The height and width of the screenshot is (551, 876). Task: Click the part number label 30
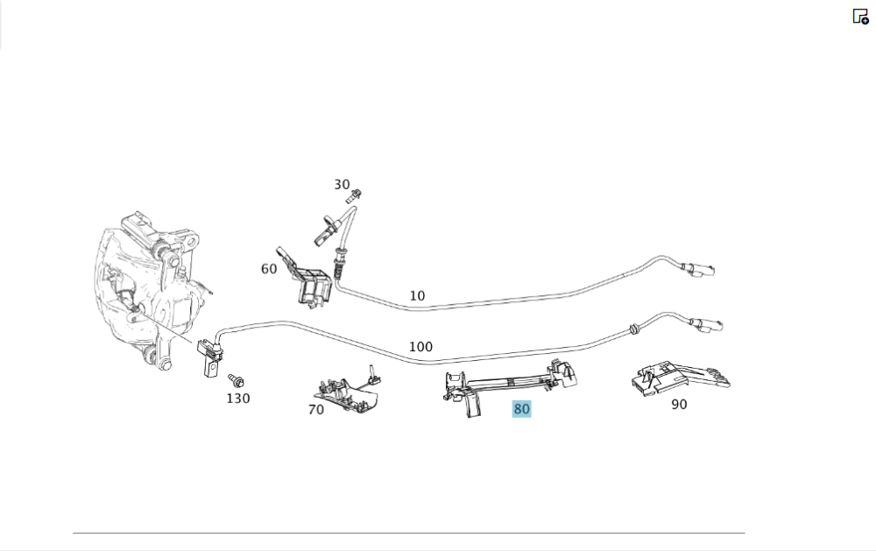click(342, 185)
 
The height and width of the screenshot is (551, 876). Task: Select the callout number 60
click(269, 269)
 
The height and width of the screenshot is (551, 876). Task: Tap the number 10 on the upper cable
click(417, 296)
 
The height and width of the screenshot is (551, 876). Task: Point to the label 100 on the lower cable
click(420, 347)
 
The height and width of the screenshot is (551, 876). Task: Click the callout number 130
click(238, 399)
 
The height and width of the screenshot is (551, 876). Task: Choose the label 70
click(316, 409)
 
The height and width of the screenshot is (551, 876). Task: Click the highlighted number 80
click(522, 409)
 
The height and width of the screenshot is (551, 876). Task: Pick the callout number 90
click(679, 405)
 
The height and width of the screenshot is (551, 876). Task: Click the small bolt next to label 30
click(357, 194)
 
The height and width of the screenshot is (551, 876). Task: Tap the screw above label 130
click(236, 381)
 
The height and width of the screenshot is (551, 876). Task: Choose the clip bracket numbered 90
click(679, 378)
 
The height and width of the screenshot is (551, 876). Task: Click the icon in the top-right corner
click(860, 16)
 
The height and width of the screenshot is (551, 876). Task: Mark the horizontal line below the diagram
click(408, 533)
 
